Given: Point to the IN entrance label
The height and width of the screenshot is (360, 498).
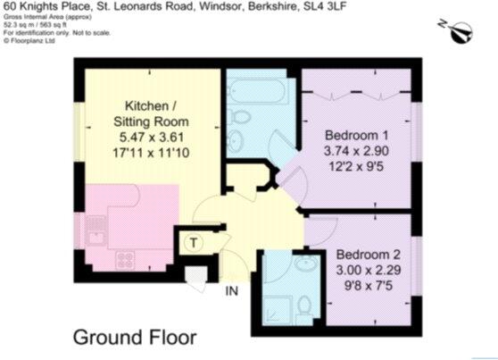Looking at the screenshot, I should (x=231, y=290).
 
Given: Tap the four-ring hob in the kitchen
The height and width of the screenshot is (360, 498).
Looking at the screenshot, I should (x=126, y=260).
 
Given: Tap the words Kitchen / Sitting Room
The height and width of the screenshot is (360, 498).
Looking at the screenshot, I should (x=143, y=111).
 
